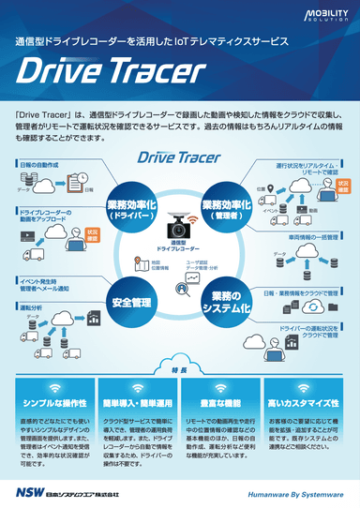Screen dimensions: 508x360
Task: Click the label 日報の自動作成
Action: pos(38,165)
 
